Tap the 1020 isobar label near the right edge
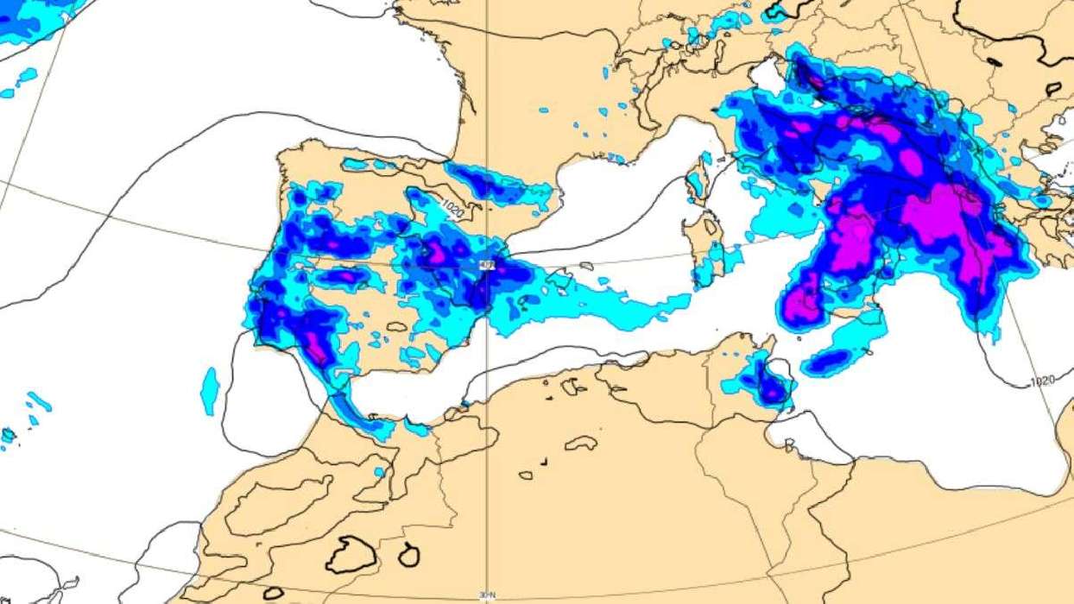(x=1043, y=381)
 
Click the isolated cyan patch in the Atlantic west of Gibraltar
(x=209, y=391)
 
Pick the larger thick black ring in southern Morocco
(x=351, y=554)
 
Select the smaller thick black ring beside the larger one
(x=408, y=555)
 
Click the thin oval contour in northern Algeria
(x=581, y=443)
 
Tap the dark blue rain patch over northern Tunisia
(x=765, y=384)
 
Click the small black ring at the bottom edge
(x=274, y=593)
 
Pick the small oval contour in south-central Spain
(x=397, y=327)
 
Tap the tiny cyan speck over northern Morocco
(x=379, y=472)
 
